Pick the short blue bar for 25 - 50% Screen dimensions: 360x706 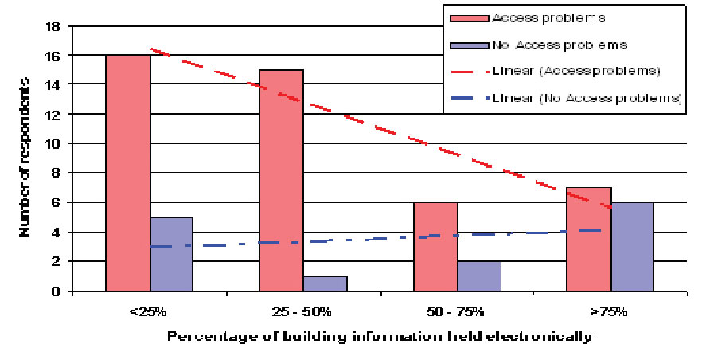pos(325,283)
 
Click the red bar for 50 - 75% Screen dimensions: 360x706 pos(435,246)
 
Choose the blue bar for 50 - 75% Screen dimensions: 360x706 pos(478,276)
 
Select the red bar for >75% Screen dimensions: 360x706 pos(588,239)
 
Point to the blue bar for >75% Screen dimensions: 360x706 pos(631,246)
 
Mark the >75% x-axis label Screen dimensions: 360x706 pos(610,309)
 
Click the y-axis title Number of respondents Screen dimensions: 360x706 pos(25,159)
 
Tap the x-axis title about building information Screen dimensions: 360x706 pos(380,336)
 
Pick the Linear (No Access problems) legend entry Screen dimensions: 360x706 pos(587,98)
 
